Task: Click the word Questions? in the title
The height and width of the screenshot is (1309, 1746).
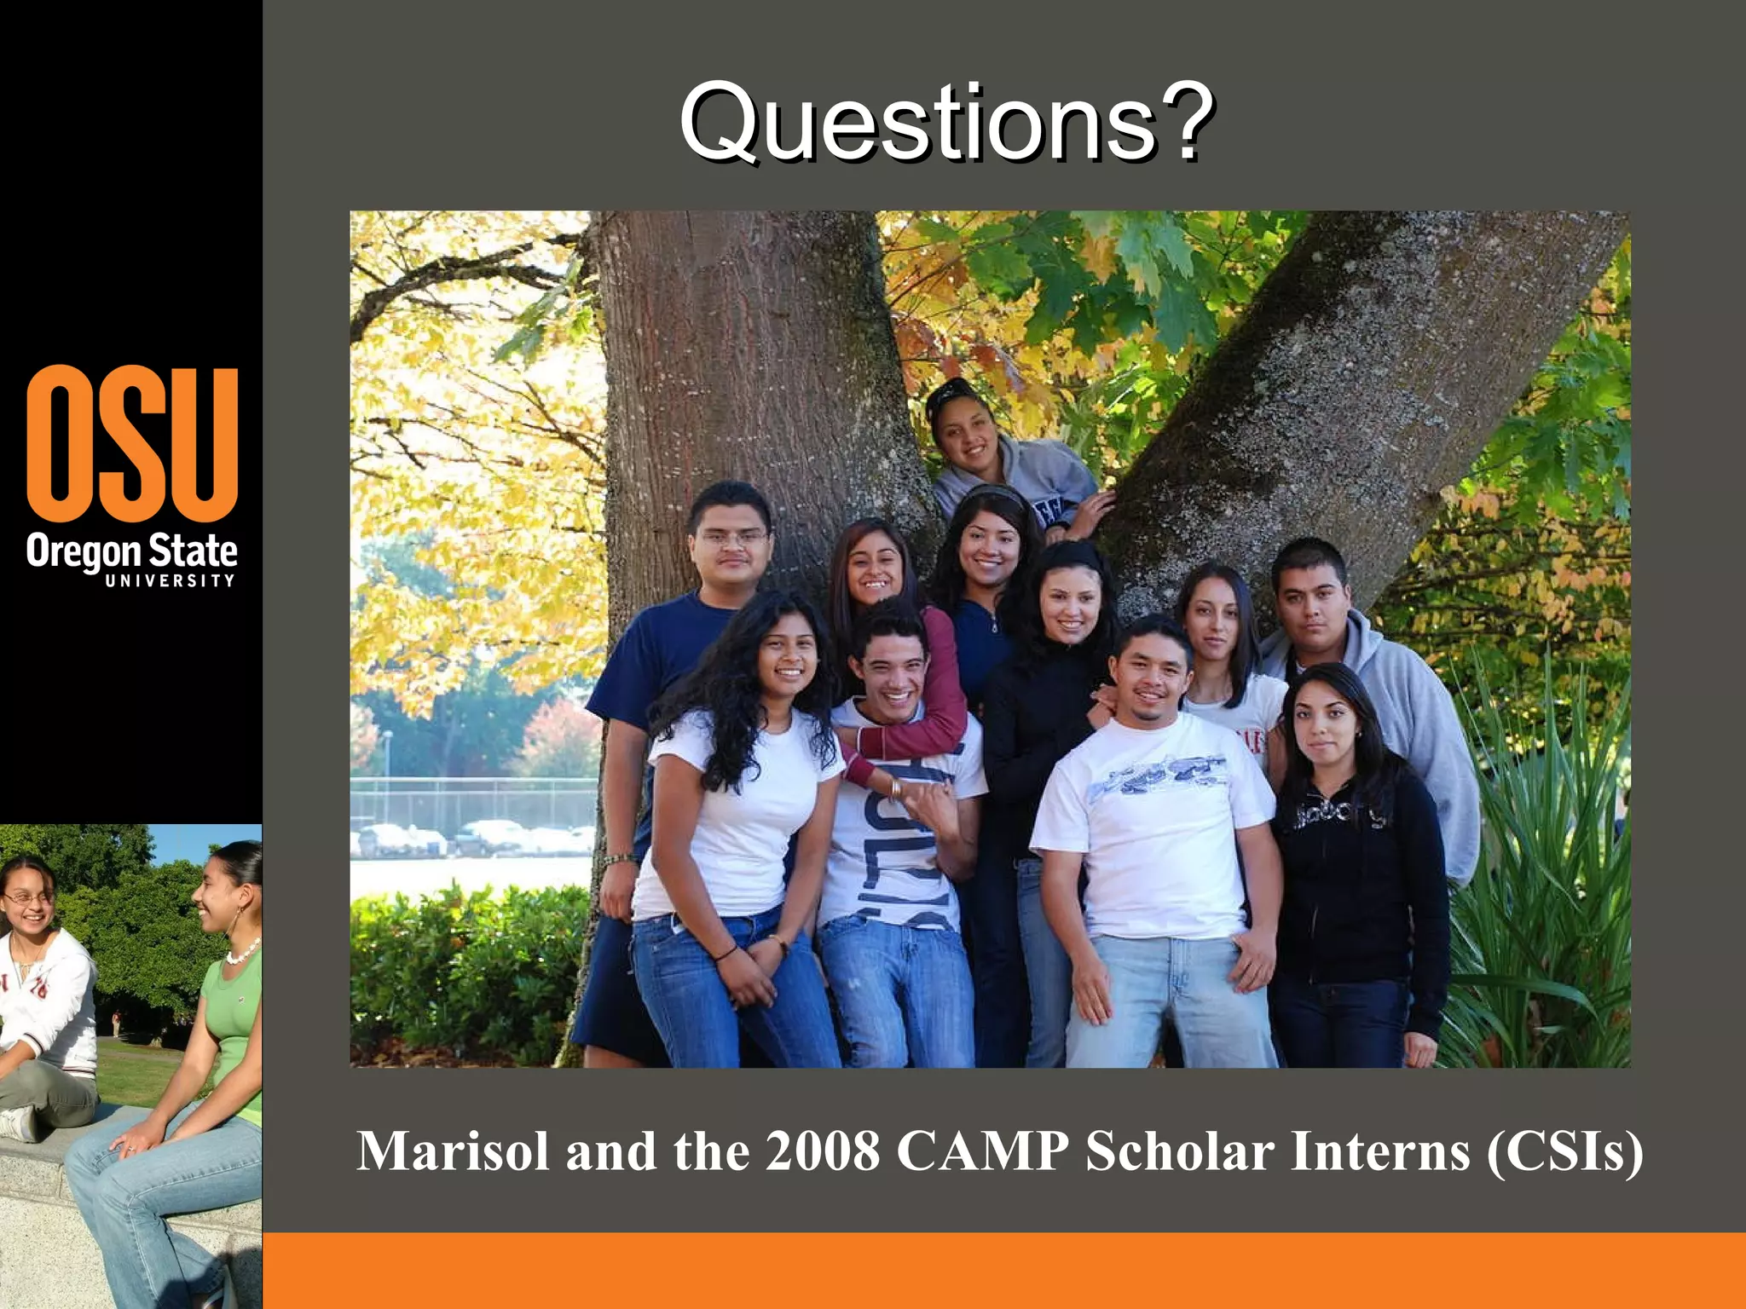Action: point(946,124)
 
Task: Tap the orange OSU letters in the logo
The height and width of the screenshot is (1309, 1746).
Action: point(132,443)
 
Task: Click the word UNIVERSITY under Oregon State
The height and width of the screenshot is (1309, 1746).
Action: point(170,581)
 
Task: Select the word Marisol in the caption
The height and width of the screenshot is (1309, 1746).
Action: point(452,1152)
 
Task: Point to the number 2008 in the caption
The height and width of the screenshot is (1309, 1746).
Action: point(822,1152)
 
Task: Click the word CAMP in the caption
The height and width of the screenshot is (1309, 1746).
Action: point(982,1152)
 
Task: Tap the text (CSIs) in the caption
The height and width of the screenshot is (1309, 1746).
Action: point(1564,1152)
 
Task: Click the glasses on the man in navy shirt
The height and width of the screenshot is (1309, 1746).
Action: point(731,539)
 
